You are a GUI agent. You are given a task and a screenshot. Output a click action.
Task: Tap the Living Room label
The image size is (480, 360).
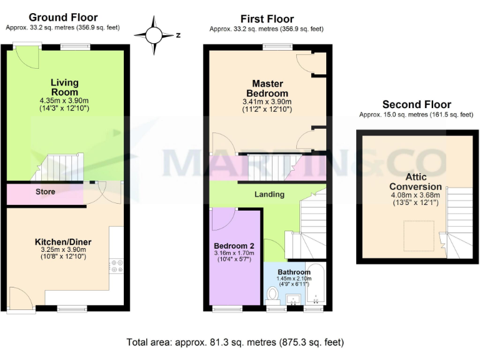64,87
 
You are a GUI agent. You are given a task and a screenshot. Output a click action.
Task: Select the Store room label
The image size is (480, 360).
45,191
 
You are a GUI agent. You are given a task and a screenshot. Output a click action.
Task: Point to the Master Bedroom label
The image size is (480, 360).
267,88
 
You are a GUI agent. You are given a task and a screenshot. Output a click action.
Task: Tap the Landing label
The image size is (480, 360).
269,194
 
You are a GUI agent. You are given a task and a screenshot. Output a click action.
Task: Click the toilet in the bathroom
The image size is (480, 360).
272,294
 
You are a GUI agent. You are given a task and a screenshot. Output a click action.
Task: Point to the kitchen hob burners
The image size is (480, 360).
116,266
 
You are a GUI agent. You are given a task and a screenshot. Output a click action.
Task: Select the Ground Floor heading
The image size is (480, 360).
63,17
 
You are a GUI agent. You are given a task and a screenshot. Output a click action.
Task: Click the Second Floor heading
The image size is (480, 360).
416,104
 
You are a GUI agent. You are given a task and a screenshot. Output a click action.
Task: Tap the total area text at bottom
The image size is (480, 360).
235,342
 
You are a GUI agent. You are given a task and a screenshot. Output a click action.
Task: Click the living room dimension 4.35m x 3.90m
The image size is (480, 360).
64,100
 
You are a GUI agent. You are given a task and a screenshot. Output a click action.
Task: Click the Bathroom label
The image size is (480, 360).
294,272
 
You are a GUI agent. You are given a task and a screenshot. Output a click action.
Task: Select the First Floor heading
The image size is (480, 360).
267,19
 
